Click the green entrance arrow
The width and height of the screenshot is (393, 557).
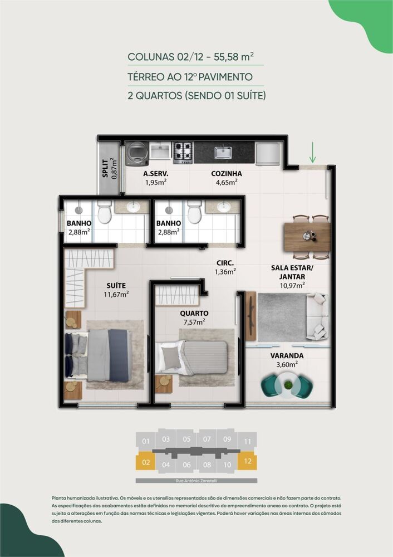click(313, 152)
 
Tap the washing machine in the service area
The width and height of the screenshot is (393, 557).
click(136, 153)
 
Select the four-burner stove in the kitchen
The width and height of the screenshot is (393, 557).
click(183, 152)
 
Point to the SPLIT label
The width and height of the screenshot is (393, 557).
click(105, 168)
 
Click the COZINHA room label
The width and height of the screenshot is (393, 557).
click(226, 173)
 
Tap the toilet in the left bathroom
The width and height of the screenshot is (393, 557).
click(104, 212)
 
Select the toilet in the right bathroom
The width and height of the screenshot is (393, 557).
click(194, 212)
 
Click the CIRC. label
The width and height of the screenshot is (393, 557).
click(225, 263)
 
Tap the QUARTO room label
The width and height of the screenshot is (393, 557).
click(194, 313)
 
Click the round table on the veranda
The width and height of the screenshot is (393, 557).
click(288, 384)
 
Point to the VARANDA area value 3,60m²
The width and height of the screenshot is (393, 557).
click(287, 364)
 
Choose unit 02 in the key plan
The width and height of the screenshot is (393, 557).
click(146, 462)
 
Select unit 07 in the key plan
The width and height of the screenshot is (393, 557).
click(207, 439)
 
